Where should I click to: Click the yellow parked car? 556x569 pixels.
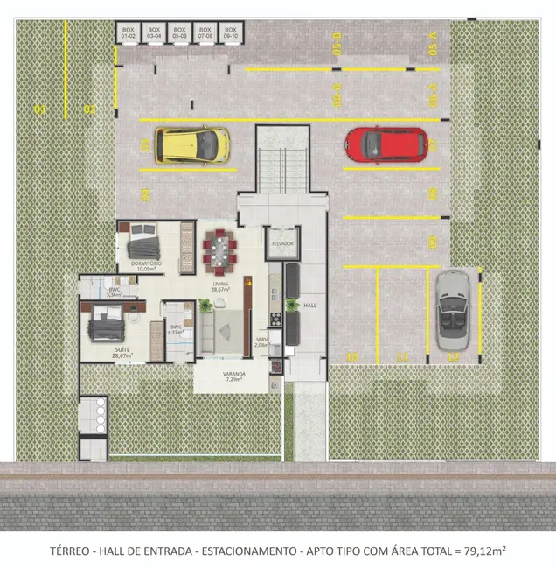[x=192, y=144]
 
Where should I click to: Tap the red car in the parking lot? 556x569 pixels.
[x=386, y=144]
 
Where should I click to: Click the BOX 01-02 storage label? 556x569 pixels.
[x=129, y=34]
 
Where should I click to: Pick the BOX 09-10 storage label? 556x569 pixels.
[x=231, y=34]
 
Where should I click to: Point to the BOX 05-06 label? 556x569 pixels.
[x=180, y=34]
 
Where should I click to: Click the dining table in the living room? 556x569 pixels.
[x=220, y=251]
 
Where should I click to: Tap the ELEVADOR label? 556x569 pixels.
[x=281, y=242]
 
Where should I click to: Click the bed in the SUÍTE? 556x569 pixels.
[x=104, y=326]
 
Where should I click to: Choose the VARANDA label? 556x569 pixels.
[x=233, y=376]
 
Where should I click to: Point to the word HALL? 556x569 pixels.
[x=309, y=306]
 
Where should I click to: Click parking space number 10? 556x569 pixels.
[x=351, y=356]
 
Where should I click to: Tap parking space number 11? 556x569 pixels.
[x=402, y=356]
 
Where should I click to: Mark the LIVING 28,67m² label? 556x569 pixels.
[x=220, y=286]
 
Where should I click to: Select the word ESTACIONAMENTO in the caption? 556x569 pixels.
[x=247, y=551]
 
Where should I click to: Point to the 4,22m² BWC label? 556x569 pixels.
[x=176, y=330]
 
